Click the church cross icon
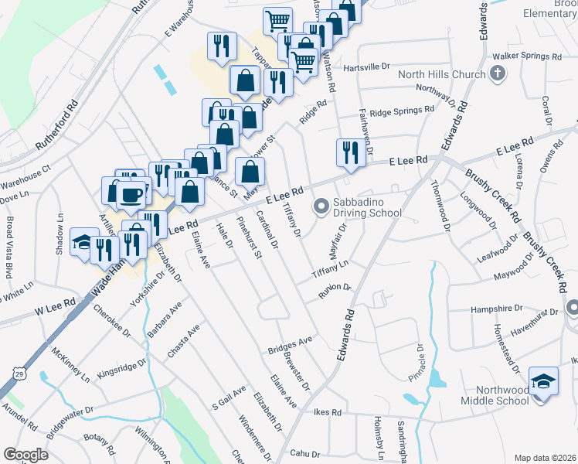[x=498, y=74]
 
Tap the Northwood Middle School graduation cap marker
[x=543, y=381]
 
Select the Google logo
[x=25, y=454]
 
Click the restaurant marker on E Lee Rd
[x=348, y=153]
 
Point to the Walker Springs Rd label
[x=527, y=56]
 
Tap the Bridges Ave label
[x=290, y=344]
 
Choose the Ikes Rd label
[x=328, y=412]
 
